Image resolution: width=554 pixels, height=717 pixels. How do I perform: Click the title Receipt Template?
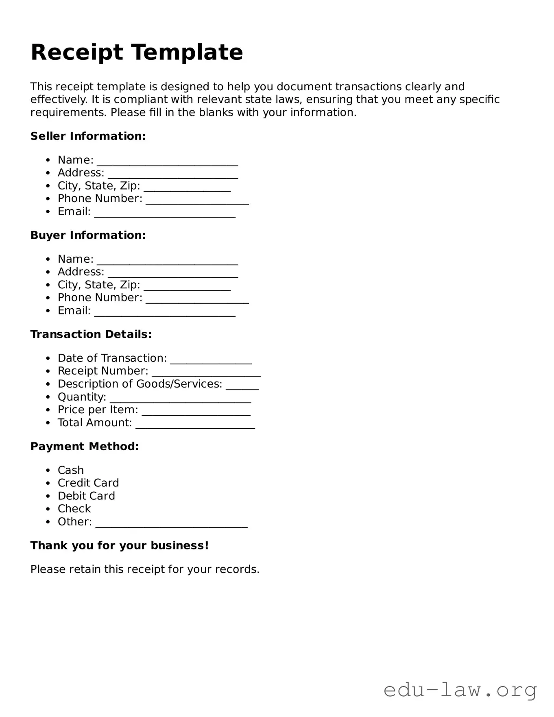click(137, 52)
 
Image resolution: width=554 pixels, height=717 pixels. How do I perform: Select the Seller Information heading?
click(88, 136)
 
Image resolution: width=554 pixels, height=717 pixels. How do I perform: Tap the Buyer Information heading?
click(88, 235)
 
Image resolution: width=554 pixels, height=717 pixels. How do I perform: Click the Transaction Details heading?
click(91, 334)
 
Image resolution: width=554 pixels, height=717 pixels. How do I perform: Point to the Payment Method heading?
click(85, 447)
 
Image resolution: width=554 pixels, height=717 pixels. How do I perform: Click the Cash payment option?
click(71, 470)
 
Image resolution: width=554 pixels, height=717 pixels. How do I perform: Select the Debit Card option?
click(86, 496)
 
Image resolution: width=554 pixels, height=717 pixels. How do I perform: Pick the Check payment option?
click(74, 509)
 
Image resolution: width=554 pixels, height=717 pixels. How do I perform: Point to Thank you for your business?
click(120, 545)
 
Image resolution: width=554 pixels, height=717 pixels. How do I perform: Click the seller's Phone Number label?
click(100, 198)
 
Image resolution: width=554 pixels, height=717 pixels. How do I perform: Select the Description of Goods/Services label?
click(140, 384)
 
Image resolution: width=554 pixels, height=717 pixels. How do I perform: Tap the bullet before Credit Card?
click(48, 484)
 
